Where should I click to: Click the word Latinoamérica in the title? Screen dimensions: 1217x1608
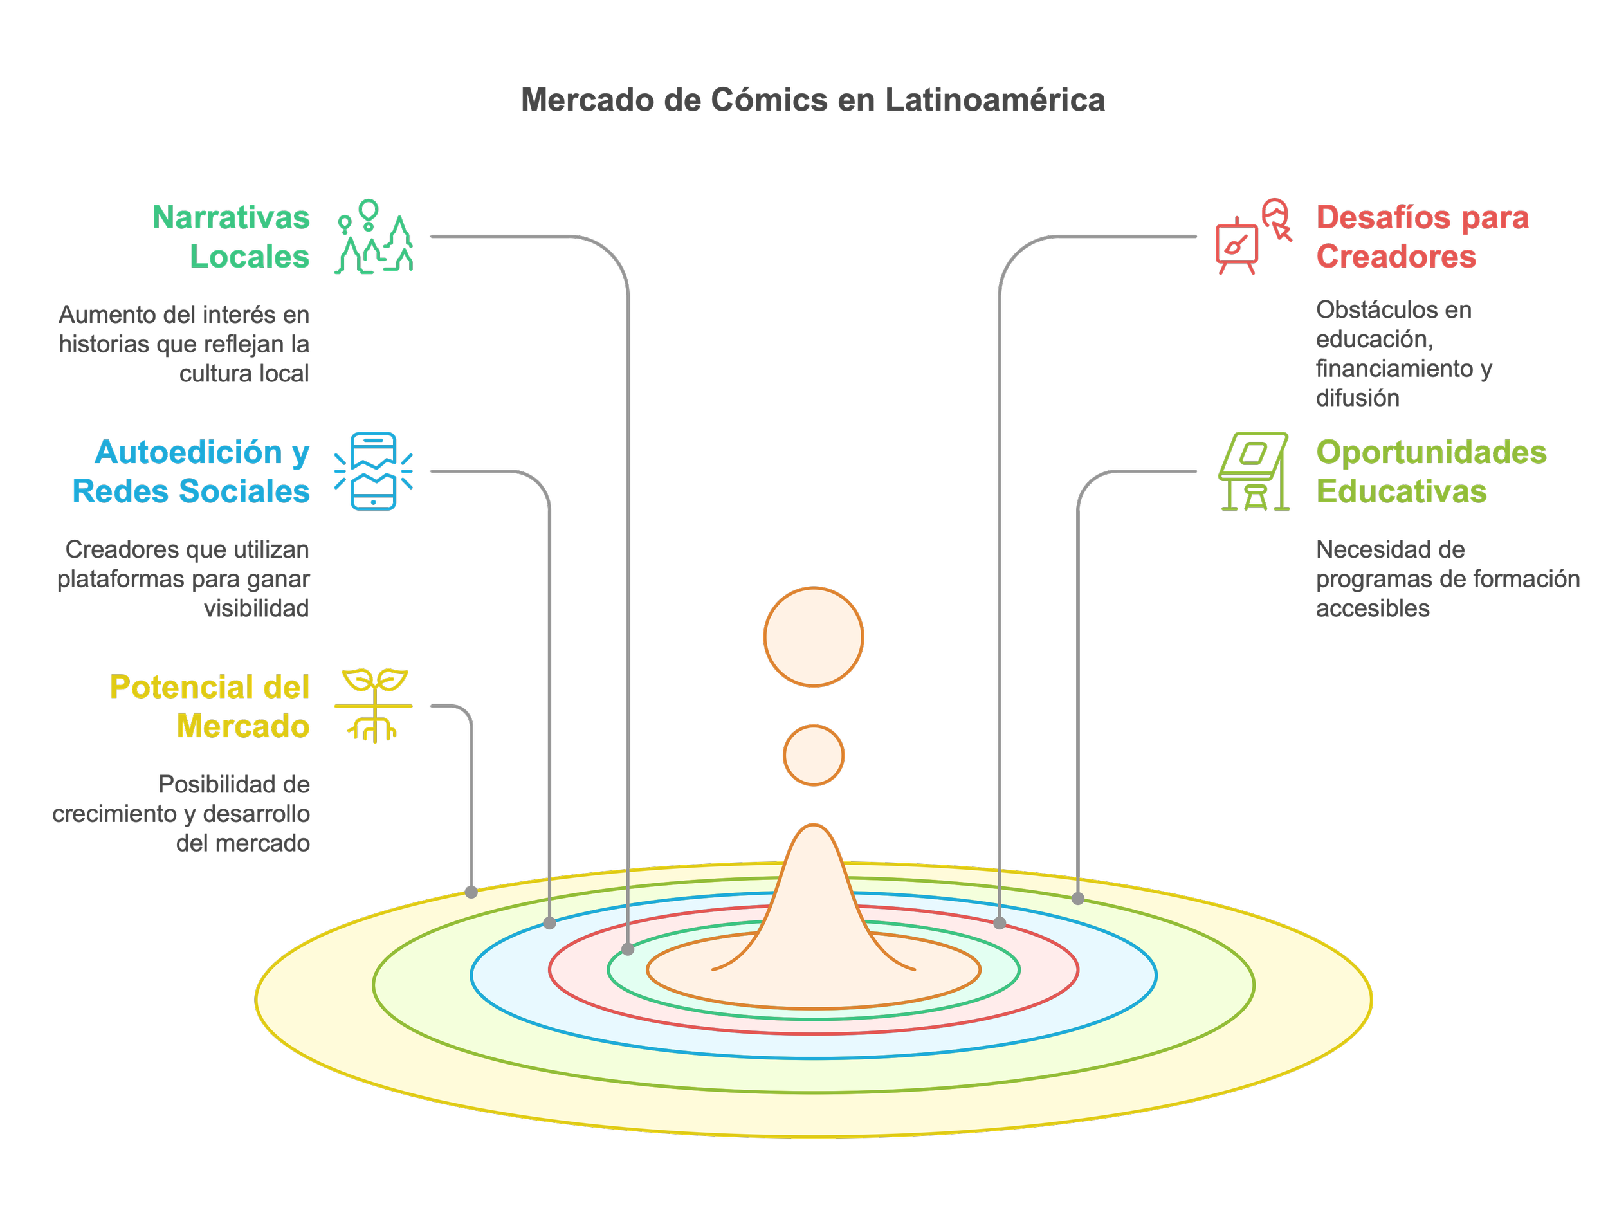994,100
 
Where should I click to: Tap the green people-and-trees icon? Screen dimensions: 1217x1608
374,236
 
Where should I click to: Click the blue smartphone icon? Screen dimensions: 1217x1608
374,471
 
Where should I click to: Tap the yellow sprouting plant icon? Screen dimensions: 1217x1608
374,706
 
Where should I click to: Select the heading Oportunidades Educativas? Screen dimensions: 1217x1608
1430,471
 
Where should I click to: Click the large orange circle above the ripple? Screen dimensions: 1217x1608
814,637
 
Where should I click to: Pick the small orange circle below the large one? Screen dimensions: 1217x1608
814,755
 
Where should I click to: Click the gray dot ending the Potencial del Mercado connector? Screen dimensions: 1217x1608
471,892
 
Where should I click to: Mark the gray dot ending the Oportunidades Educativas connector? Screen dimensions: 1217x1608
1078,899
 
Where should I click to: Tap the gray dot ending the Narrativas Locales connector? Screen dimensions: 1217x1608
628,949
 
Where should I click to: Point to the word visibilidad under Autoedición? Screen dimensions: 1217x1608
256,608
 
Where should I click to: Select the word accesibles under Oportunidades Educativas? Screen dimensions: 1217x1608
1373,608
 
